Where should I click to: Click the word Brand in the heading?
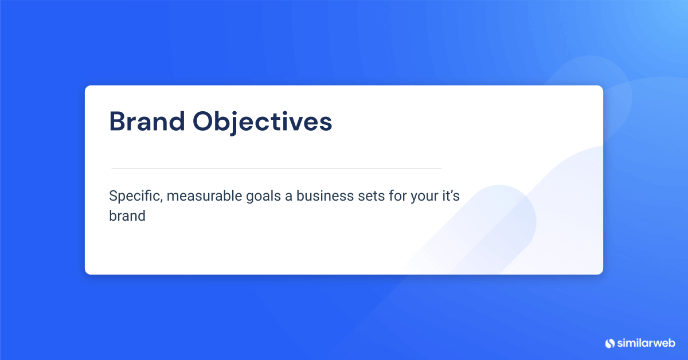point(147,122)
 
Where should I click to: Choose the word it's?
point(448,196)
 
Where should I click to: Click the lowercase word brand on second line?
point(127,216)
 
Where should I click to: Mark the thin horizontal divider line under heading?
point(276,168)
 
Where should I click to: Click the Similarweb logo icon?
point(609,343)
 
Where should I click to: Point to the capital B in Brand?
point(118,122)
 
